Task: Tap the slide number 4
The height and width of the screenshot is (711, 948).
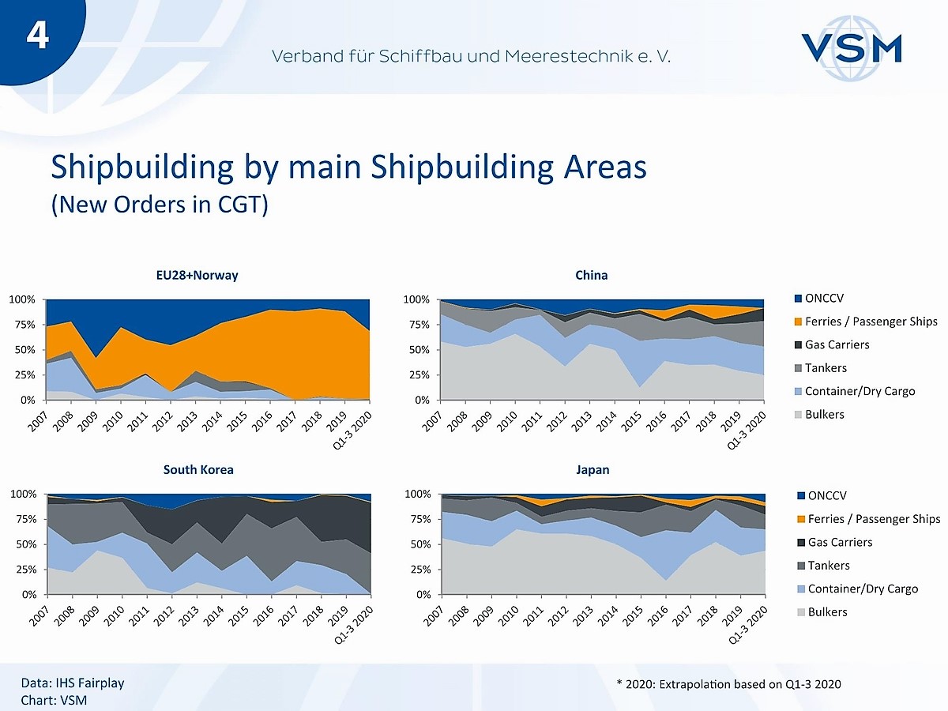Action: pos(37,36)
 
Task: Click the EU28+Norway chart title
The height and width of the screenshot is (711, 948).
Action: pos(197,276)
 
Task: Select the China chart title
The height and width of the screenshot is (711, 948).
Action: pos(592,276)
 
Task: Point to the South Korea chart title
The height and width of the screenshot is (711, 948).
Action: pos(198,470)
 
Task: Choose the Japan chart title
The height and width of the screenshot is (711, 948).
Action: pos(592,470)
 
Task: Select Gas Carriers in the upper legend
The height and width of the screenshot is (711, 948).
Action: pos(837,344)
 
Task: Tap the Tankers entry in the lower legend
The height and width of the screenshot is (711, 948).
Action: pos(827,566)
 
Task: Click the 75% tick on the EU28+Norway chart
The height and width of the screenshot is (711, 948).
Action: pos(23,325)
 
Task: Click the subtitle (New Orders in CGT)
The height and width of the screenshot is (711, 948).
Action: pos(160,205)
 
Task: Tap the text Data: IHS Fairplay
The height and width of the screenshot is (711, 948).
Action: pos(73,683)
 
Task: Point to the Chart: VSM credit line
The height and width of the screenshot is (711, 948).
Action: pos(54,700)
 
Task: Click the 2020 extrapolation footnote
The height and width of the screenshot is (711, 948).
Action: pos(728,683)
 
